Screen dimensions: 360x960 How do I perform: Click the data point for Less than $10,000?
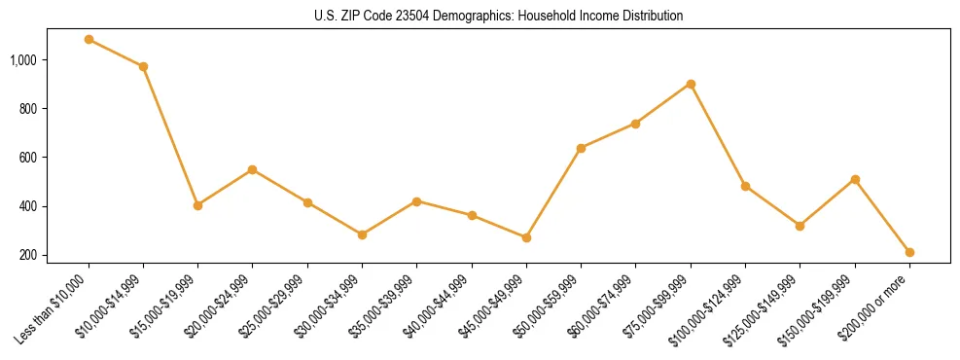pyautogui.click(x=89, y=40)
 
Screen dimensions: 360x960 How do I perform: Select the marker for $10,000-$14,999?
pyautogui.click(x=143, y=67)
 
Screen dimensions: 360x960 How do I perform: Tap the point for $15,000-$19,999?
pyautogui.click(x=197, y=205)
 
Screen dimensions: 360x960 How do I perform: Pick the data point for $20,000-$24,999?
pyautogui.click(x=253, y=169)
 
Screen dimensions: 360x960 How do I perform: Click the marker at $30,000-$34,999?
pyautogui.click(x=362, y=234)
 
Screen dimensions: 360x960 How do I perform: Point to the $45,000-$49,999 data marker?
pyautogui.click(x=526, y=237)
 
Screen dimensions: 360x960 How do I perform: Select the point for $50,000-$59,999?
pyautogui.click(x=581, y=148)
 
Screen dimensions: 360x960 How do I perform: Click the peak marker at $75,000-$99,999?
pyautogui.click(x=691, y=84)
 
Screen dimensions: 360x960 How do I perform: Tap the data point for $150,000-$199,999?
pyautogui.click(x=855, y=179)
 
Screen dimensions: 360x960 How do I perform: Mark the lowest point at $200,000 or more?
pyautogui.click(x=909, y=252)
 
